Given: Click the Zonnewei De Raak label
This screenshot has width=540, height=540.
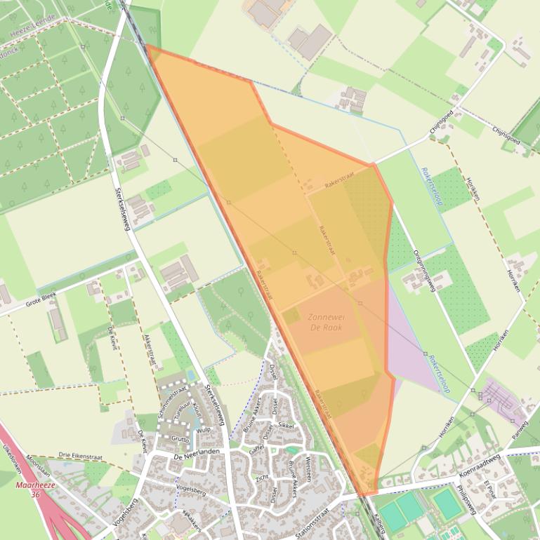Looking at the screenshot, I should (325, 322).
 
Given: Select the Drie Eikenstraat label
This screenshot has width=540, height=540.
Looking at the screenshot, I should (81, 457).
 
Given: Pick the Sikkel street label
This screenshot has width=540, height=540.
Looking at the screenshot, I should (286, 425).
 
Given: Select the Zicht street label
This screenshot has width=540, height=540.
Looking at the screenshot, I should (262, 477).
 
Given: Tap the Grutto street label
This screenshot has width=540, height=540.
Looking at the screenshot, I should (180, 438).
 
